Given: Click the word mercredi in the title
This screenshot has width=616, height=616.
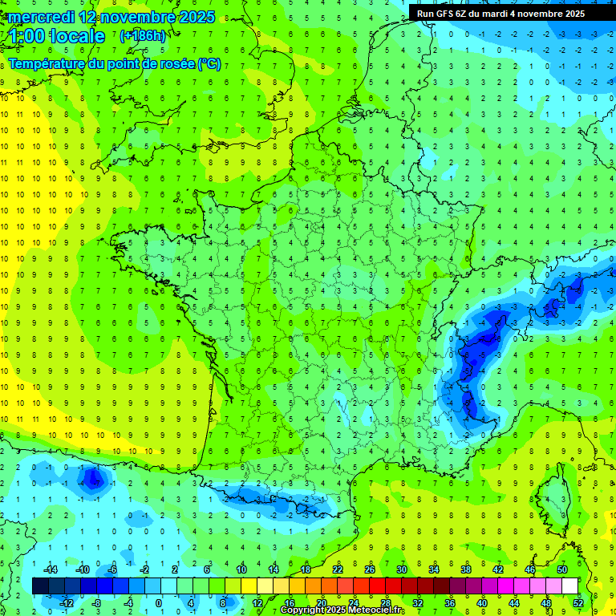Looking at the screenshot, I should [x=42, y=17].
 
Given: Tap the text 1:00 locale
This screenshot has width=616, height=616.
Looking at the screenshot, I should [x=58, y=36].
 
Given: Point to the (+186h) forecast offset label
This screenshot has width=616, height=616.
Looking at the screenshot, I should [x=143, y=36].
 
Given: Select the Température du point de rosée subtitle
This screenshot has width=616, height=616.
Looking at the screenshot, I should [x=115, y=64].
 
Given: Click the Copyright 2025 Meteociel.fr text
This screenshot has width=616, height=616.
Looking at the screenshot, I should [x=342, y=610].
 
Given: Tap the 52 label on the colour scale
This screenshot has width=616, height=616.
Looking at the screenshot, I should [x=578, y=603].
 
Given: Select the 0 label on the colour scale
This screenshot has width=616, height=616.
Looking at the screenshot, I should [x=158, y=603].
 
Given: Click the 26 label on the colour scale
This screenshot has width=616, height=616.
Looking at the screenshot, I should [x=370, y=569].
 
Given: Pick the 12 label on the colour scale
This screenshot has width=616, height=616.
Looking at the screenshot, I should [x=257, y=603].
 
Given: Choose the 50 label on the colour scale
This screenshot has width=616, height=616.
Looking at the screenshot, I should [x=561, y=569].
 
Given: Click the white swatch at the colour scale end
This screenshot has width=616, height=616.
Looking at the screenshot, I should [x=569, y=586].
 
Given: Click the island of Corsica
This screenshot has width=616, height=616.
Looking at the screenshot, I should [x=553, y=501].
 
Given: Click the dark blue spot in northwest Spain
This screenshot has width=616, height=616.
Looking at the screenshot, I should [x=95, y=478].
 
